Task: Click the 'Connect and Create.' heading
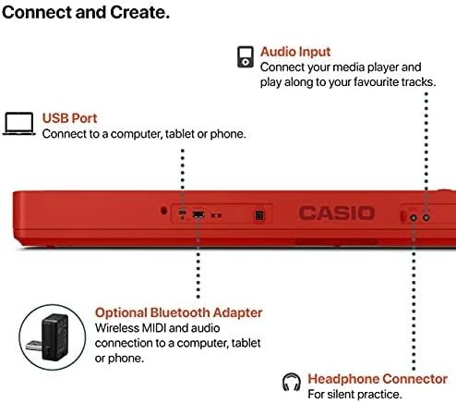point(86,13)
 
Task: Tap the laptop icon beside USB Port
point(18,124)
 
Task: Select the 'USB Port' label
point(69,118)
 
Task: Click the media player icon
point(246,56)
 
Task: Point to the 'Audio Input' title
point(295,52)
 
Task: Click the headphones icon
point(291,382)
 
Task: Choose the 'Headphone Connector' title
point(378,379)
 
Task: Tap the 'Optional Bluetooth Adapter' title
point(178,312)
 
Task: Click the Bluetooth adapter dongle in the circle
point(49,338)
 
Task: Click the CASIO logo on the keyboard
point(337,214)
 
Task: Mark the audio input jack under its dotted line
point(426,217)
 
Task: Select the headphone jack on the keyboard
point(414,218)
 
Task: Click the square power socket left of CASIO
point(259,215)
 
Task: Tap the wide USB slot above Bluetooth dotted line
point(198,214)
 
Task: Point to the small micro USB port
point(182,213)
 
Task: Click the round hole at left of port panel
point(163,211)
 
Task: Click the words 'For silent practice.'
point(354,395)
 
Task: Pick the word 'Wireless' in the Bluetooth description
point(117,328)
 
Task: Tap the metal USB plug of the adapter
point(34,346)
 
